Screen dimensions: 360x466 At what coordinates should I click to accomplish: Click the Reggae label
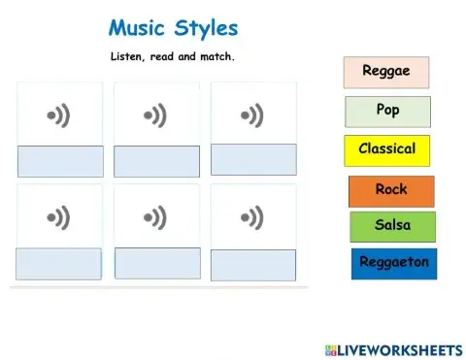coord(386,72)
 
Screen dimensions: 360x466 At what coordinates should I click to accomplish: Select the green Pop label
coord(387,112)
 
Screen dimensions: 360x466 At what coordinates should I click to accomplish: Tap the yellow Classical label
coord(386,150)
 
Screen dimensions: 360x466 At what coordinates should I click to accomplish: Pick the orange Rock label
coord(391,191)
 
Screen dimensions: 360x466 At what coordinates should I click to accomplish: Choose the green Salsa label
coord(392,226)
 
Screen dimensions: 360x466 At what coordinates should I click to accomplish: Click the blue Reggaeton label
coord(394,263)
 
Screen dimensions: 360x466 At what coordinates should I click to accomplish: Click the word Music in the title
coord(140,28)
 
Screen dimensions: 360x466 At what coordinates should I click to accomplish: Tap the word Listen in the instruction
coord(128,57)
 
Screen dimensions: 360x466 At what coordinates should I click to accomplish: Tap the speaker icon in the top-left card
coord(59,117)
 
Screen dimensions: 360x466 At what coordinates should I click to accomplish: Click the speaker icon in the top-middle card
coord(155,117)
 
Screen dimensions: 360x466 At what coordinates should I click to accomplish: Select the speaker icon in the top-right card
coord(252,117)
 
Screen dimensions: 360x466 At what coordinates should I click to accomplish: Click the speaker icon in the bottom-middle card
coord(155,216)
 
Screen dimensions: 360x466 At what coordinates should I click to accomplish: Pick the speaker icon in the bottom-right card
coord(252,216)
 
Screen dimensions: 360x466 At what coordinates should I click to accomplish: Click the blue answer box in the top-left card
coord(60,161)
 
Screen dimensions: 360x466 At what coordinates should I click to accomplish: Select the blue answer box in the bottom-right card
coord(252,265)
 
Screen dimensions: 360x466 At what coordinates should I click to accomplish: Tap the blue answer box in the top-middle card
coord(156,161)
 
